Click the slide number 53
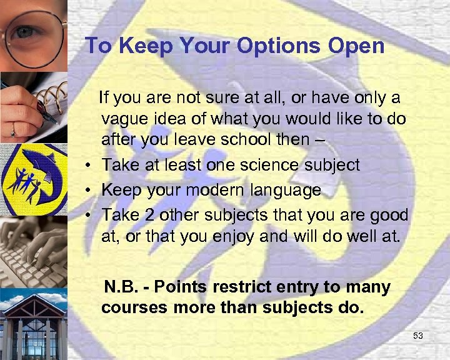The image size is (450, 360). [x=418, y=336]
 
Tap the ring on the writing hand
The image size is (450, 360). [x=12, y=131]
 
